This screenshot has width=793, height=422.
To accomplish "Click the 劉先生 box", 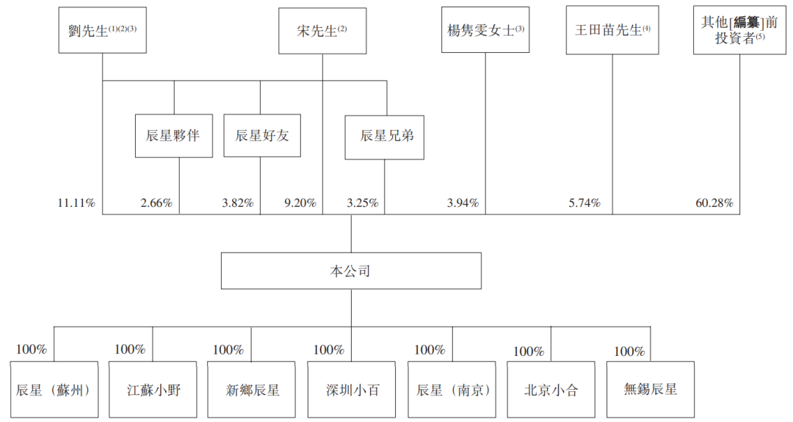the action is tap(103, 30).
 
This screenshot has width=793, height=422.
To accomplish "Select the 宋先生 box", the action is tap(322, 30).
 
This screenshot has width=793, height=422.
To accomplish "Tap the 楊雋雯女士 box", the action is tap(485, 30).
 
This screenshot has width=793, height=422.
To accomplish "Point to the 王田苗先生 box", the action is tap(612, 30).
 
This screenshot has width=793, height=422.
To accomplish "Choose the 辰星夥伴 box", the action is tap(174, 136).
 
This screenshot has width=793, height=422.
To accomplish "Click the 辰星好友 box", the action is tap(262, 136).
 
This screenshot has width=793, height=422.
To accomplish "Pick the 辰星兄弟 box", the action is tap(384, 137).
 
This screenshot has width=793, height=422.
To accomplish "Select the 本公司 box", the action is tap(351, 271).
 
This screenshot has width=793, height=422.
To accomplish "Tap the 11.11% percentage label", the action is tap(76, 203).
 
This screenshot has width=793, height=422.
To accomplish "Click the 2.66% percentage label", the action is tap(156, 203).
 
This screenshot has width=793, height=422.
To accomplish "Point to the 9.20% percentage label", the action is tap(300, 203).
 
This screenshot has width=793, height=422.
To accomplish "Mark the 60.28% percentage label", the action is tap(714, 203).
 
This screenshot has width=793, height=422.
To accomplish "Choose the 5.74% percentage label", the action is tap(584, 203).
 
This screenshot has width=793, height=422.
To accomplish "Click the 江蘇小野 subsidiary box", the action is tap(153, 390).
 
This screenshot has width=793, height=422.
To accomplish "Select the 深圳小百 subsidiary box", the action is tap(352, 390).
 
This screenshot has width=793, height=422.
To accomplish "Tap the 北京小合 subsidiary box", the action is tap(551, 390).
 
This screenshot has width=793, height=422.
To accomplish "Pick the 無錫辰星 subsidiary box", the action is tap(651, 389).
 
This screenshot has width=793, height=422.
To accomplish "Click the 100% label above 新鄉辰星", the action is tap(228, 350).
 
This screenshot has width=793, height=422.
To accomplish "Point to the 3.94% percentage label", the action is tap(463, 203).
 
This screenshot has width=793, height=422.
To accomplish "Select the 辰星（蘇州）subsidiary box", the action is tap(54, 390).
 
